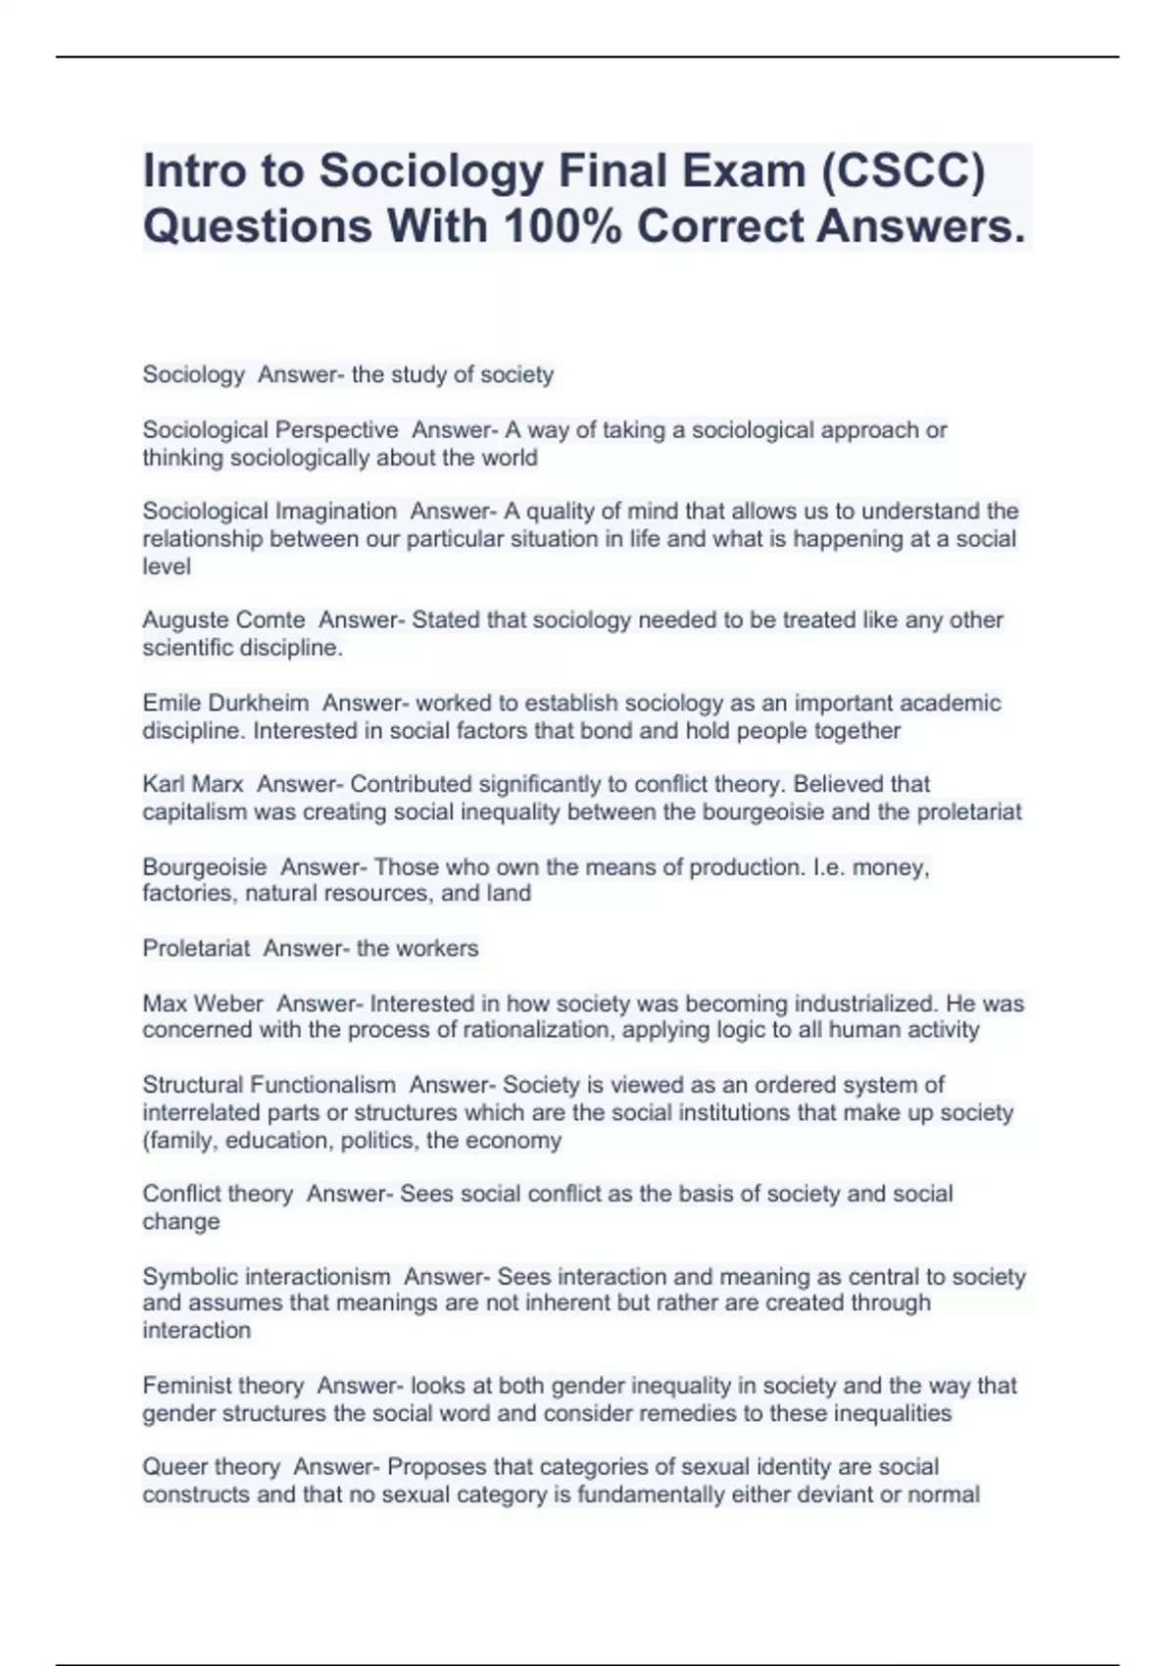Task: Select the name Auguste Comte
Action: pyautogui.click(x=223, y=620)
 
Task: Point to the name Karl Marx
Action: pyautogui.click(x=193, y=785)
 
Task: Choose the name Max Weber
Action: pyautogui.click(x=203, y=1004)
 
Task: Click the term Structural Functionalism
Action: pyautogui.click(x=269, y=1086)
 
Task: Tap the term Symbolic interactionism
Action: pyautogui.click(x=266, y=1277)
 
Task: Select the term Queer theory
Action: pyautogui.click(x=211, y=1468)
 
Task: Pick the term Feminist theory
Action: pyautogui.click(x=222, y=1387)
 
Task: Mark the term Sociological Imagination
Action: pyautogui.click(x=269, y=512)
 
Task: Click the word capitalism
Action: pyautogui.click(x=194, y=812)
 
